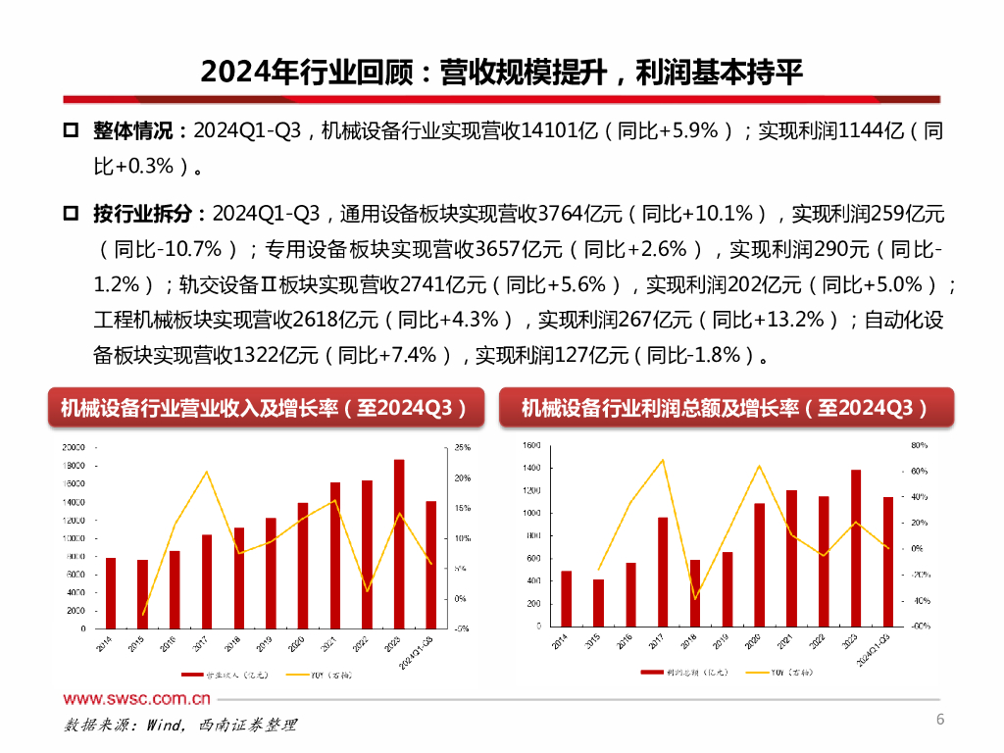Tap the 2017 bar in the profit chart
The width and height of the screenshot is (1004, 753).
tap(663, 572)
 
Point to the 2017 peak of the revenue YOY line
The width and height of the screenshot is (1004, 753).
tap(206, 472)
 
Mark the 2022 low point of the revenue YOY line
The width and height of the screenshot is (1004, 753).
tap(367, 591)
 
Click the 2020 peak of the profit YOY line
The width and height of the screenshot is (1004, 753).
tap(759, 465)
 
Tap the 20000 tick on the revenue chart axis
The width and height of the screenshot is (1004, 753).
tap(75, 447)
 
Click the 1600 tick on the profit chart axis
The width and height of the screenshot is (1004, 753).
tap(531, 445)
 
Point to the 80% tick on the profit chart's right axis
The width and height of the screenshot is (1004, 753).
tap(919, 445)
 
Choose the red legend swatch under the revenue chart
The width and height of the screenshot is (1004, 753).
tap(191, 675)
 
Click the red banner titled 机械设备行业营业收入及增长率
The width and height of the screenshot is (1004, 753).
tap(266, 408)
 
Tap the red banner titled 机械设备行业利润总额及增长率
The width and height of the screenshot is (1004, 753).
tap(726, 408)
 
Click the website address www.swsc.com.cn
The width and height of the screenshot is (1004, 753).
tap(137, 699)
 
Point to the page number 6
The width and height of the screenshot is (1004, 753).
tap(940, 721)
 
